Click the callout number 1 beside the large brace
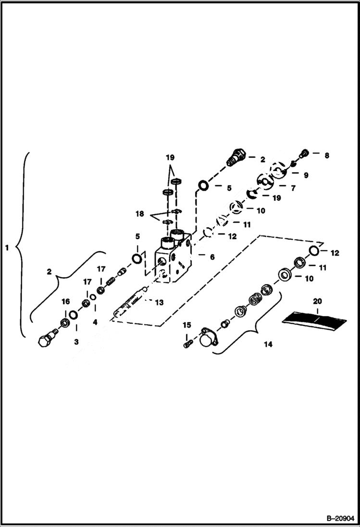7,248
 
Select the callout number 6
212,257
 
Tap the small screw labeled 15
188,343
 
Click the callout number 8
327,155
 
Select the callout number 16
65,301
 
